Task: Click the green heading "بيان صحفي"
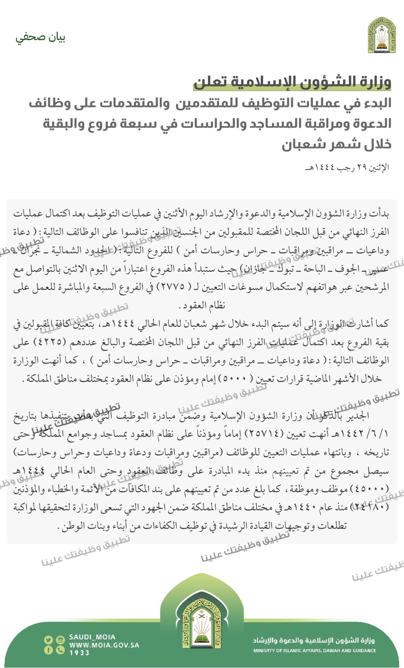pyautogui.click(x=41, y=38)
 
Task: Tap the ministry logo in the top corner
pyautogui.click(x=382, y=35)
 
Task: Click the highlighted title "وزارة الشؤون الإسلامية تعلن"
pyautogui.click(x=292, y=82)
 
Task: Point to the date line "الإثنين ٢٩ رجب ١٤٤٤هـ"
pyautogui.click(x=347, y=167)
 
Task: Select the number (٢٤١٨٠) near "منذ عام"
pyautogui.click(x=371, y=507)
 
